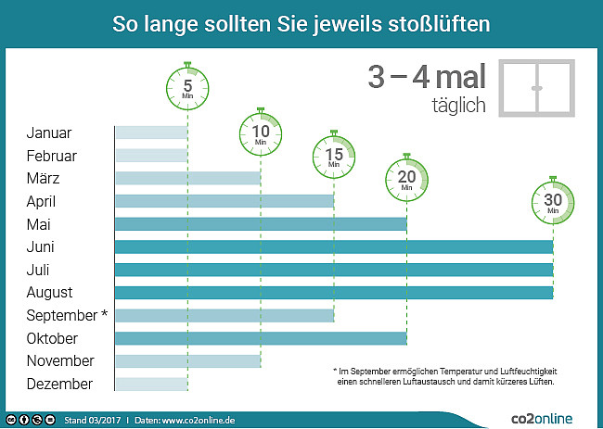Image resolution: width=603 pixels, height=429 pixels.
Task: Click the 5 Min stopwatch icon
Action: [x=188, y=89]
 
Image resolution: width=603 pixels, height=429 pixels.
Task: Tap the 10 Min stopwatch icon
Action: [x=261, y=133]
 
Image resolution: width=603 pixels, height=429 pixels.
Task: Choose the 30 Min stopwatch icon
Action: [x=553, y=202]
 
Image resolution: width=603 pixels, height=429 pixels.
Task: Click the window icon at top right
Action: [x=536, y=88]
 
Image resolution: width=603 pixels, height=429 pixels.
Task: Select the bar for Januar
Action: [x=150, y=132]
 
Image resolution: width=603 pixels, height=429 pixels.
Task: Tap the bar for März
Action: [x=186, y=178]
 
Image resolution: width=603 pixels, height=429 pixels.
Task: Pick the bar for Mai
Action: [x=260, y=223]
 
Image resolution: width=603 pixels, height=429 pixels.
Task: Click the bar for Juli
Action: [x=333, y=270]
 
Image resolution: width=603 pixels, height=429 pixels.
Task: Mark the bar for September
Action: [x=224, y=315]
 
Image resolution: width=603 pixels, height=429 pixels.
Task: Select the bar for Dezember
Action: [x=150, y=384]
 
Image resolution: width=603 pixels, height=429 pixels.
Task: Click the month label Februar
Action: [x=52, y=156]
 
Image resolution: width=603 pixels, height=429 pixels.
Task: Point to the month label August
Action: [x=49, y=293]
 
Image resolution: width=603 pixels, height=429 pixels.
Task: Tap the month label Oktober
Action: [x=52, y=338]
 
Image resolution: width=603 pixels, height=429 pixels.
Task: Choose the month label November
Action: [x=60, y=361]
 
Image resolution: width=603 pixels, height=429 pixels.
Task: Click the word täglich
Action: [x=458, y=106]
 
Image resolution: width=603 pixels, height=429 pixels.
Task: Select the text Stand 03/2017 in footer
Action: [x=92, y=420]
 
